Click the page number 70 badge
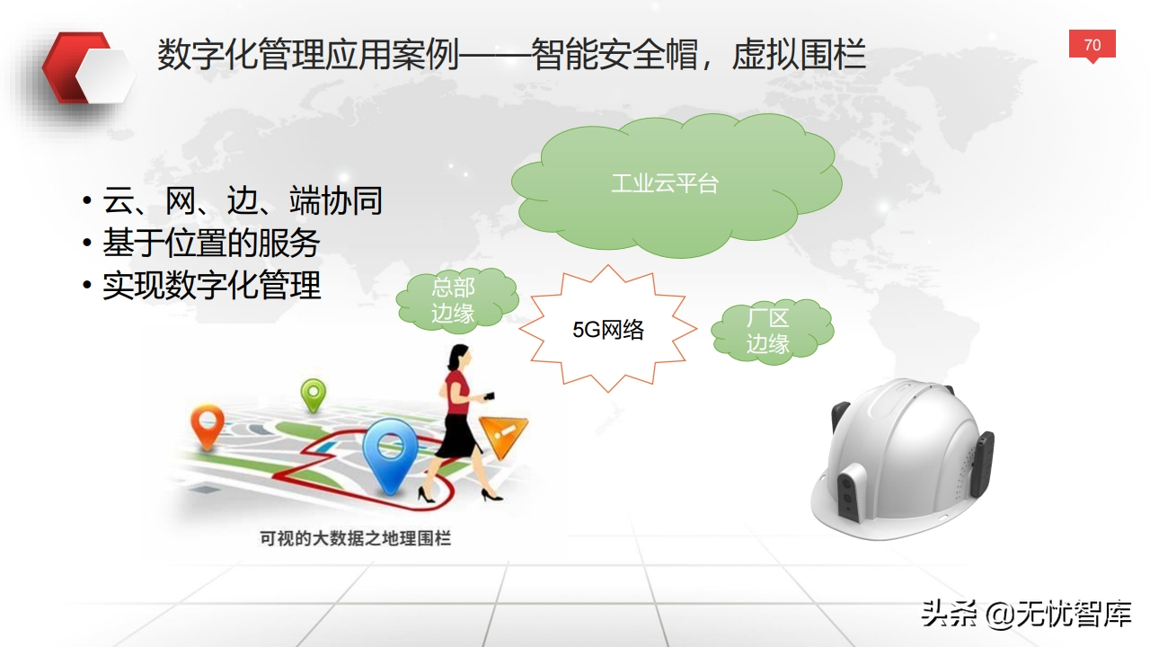coord(1092,45)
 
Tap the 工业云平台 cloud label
coord(665,183)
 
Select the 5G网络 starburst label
coord(608,330)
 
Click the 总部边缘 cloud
coord(457,300)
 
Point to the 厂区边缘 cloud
coord(772,332)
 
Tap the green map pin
coord(314,394)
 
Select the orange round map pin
coord(208,426)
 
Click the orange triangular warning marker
coord(503,437)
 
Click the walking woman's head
coord(458,357)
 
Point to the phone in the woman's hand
coord(488,396)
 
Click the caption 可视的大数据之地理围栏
coord(355,538)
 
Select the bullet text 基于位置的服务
coord(211,243)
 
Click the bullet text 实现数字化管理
coord(211,285)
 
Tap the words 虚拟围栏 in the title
coord(799,54)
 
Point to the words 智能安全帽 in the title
coord(615,54)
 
